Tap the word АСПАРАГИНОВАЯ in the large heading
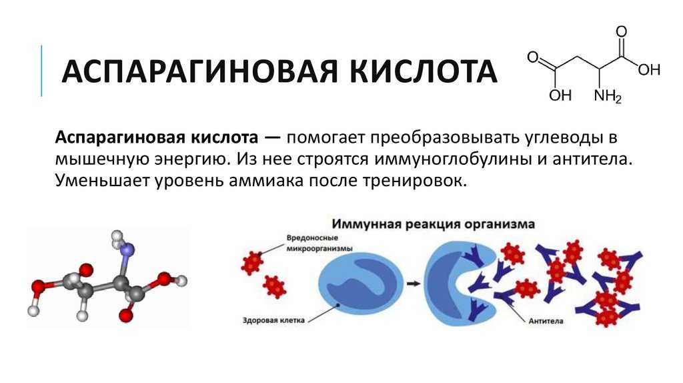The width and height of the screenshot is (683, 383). (x=199, y=71)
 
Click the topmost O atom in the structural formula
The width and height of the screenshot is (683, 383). (x=622, y=32)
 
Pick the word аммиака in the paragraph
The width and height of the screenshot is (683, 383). (x=265, y=180)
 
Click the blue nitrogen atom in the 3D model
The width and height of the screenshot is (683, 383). (x=127, y=250)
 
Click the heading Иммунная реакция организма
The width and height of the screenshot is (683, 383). (x=433, y=224)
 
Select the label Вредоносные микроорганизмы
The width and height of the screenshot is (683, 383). (x=319, y=243)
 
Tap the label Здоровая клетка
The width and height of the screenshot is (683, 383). (x=273, y=320)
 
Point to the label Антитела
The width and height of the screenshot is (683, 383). (x=546, y=321)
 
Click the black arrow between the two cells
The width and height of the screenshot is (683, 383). (x=414, y=284)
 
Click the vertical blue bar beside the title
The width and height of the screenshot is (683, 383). (x=41, y=71)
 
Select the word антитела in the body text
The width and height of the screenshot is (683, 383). (x=592, y=159)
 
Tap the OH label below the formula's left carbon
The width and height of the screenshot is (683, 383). (x=560, y=95)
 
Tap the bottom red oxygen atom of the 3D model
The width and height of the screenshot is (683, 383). (x=126, y=314)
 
